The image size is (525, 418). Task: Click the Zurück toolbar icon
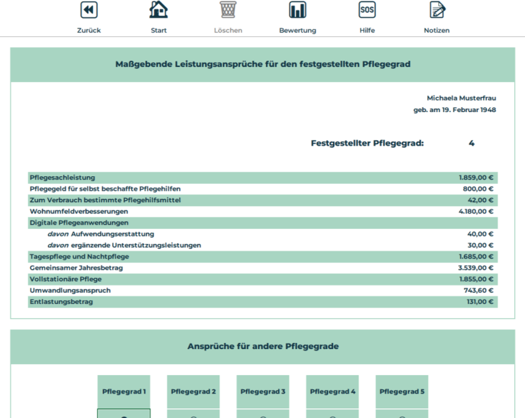[x=89, y=10]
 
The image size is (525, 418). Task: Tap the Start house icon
[x=159, y=10]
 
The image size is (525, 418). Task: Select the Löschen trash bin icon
[x=228, y=10]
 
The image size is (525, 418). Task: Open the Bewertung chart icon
[x=297, y=10]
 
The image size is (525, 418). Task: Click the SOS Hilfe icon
[x=367, y=10]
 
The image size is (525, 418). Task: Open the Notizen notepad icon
[x=437, y=10]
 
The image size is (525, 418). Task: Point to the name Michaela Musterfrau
[x=461, y=98]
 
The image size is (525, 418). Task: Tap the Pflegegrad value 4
[x=472, y=143]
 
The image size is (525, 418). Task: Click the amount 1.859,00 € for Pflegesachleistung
[x=476, y=178]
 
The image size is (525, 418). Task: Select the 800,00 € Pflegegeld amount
[x=478, y=189]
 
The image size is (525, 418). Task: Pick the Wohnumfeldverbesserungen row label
[x=79, y=211]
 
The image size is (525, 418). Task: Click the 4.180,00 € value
[x=476, y=211]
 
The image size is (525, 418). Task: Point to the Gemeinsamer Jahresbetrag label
[x=76, y=268]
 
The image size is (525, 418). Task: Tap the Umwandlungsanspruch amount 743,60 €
[x=479, y=290]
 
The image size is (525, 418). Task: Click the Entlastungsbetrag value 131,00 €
[x=479, y=301]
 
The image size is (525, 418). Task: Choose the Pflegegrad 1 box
[x=124, y=392]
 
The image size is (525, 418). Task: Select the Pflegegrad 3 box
[x=262, y=392]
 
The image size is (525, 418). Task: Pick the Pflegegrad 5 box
[x=402, y=392]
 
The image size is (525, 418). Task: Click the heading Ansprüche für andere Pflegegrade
[x=262, y=346]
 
